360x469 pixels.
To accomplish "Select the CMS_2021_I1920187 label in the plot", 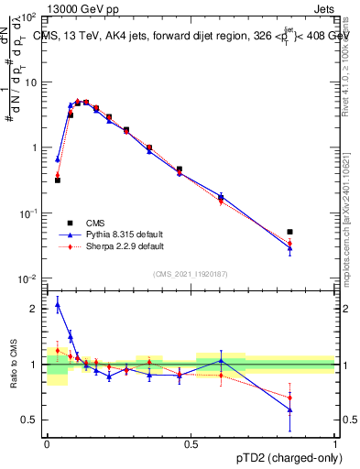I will [x=191, y=273].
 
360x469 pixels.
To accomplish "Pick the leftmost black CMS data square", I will [x=58, y=180].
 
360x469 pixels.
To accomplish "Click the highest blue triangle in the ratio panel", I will [x=58, y=305].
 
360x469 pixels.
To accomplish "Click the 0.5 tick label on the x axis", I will [x=191, y=442].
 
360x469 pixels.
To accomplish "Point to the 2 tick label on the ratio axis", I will [x=36, y=309].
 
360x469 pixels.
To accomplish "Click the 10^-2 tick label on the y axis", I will [x=29, y=278].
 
